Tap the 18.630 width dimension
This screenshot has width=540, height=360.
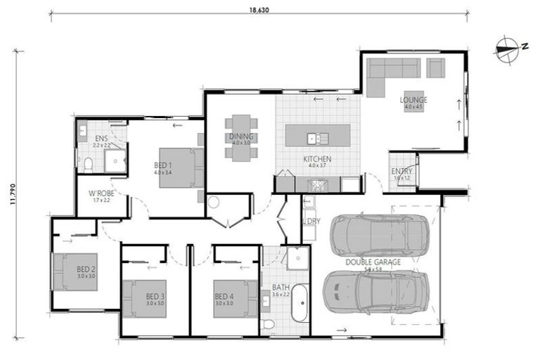coord(259,9)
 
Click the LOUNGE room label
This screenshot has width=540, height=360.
coord(413,100)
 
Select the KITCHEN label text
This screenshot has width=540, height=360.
coord(317,159)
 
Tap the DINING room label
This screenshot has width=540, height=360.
coord(240,136)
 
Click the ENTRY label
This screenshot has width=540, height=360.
coord(403,172)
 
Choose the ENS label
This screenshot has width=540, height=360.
coord(102,139)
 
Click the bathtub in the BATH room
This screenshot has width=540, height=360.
coord(300,302)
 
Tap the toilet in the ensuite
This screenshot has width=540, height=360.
coord(89,165)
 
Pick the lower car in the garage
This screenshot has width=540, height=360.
coord(375,291)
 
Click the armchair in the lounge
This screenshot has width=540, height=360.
coord(436,67)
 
